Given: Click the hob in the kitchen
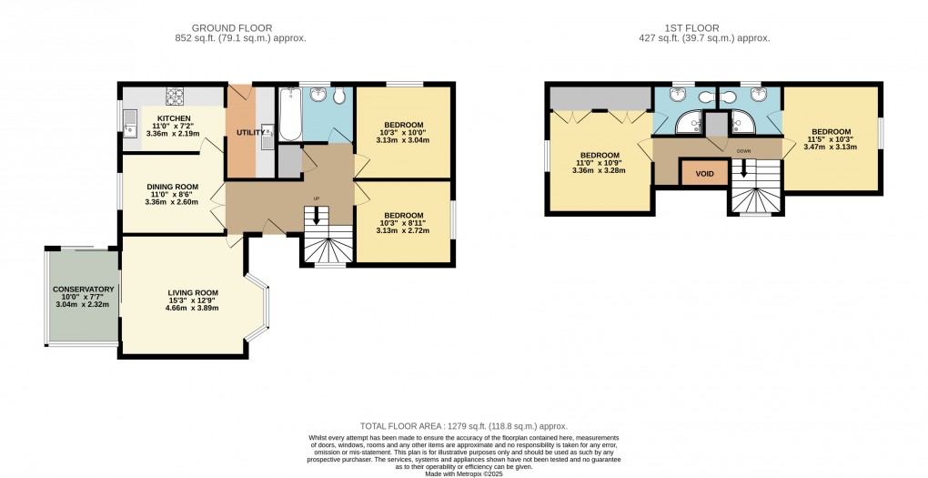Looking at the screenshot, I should [174, 94].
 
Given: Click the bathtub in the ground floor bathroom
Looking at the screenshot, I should [288, 115].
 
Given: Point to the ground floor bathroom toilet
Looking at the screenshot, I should [338, 97].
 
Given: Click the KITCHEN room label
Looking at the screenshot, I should [173, 118].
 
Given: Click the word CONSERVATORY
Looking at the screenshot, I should [83, 290].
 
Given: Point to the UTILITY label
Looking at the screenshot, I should [250, 133].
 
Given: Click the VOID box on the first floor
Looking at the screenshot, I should [704, 173].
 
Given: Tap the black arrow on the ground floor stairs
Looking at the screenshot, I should [317, 215].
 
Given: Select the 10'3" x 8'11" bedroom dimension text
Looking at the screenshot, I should [402, 224].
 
